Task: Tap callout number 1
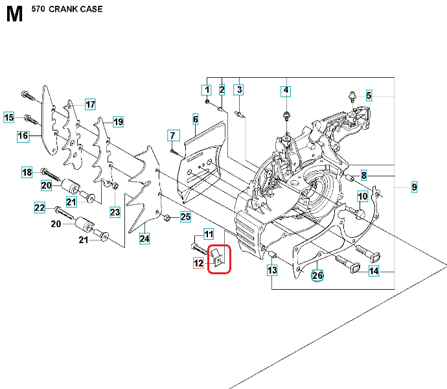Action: pos(207,89)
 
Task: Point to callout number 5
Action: pos(369,96)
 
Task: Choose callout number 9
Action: pos(414,187)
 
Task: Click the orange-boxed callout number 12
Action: pos(198,263)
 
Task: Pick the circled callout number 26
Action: pos(317,276)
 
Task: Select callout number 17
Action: pos(89,104)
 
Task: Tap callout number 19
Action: pos(118,122)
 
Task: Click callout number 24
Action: pos(144,239)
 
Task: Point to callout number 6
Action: pos(194,119)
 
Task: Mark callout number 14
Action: pos(374,272)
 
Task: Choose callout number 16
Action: pos(23,136)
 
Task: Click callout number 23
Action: pos(115,211)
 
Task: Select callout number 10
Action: pos(363,196)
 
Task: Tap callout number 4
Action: pos(286,90)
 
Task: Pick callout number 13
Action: pos(272,270)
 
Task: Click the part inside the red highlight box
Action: pos(218,258)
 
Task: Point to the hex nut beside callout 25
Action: pos(166,217)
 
